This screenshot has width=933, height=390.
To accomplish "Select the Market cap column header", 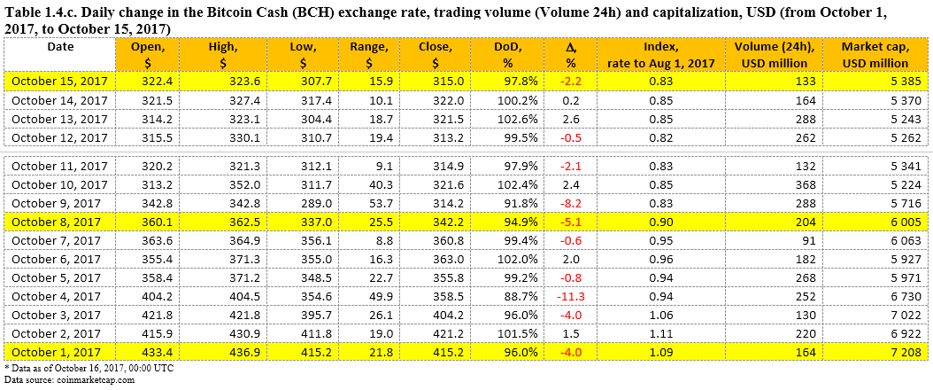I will tap(875, 55).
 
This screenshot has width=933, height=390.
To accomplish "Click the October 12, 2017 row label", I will tap(60, 137).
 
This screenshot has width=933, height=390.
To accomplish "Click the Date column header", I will tap(60, 46).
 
